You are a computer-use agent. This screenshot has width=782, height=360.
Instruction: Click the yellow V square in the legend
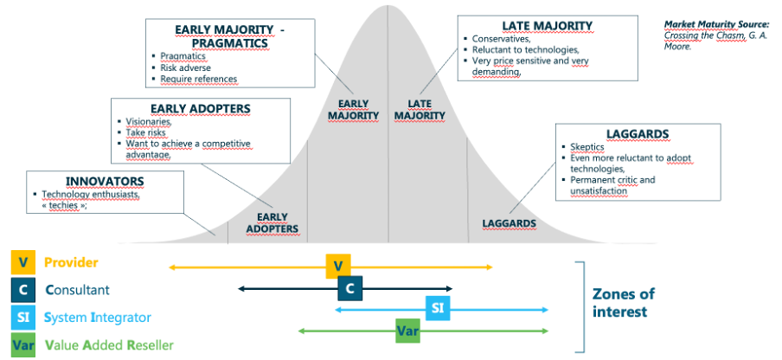(x=22, y=262)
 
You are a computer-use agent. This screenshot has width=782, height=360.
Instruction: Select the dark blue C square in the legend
(x=22, y=290)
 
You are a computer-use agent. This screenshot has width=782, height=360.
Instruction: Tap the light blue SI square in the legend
(x=22, y=318)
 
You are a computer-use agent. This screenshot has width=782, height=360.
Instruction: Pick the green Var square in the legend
(x=22, y=344)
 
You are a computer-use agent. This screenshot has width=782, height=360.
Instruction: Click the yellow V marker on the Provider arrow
(x=338, y=267)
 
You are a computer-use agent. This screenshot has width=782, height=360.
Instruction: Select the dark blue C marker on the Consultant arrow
(x=350, y=288)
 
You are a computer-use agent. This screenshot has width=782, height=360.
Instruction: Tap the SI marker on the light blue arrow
(x=438, y=308)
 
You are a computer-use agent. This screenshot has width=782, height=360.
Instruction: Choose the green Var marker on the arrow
(x=407, y=330)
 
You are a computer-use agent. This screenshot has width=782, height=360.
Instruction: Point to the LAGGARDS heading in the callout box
(x=638, y=133)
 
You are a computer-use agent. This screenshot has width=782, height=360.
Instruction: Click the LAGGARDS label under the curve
(x=509, y=223)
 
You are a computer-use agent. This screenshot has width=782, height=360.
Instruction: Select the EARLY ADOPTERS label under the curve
(x=272, y=223)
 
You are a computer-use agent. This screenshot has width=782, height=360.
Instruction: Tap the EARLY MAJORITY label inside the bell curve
(x=353, y=110)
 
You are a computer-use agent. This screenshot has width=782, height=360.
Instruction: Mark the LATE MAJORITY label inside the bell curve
(x=426, y=110)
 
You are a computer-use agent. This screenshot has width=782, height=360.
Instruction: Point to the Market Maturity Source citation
(x=716, y=35)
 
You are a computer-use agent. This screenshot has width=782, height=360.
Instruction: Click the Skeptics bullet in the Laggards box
(x=587, y=147)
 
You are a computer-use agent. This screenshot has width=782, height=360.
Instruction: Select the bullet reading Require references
(x=198, y=79)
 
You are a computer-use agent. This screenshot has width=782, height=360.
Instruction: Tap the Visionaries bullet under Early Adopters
(x=150, y=122)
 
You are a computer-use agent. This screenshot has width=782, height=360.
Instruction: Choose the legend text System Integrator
(x=98, y=318)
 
